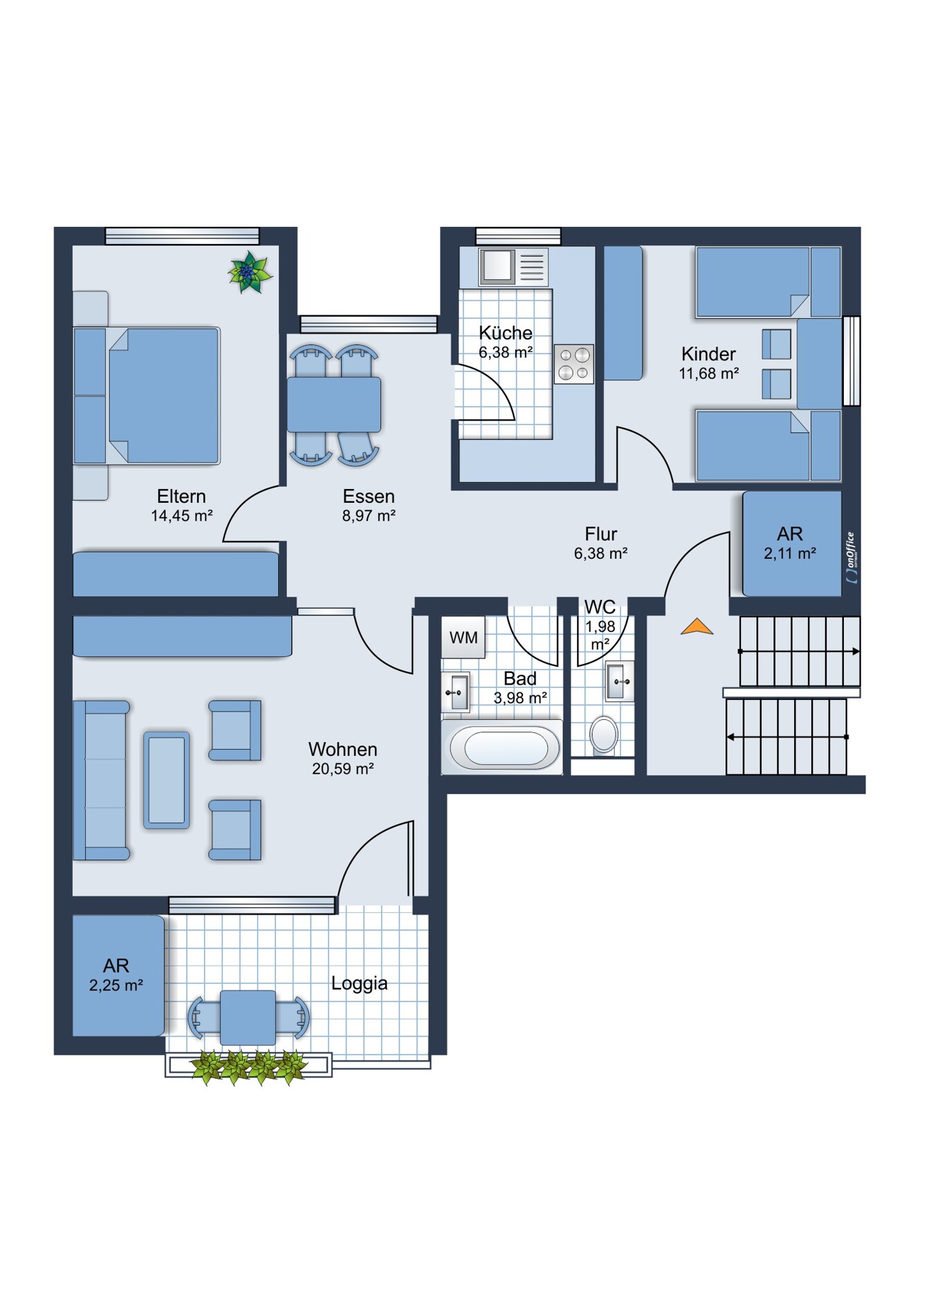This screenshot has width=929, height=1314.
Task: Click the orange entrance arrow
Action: pyautogui.click(x=697, y=627)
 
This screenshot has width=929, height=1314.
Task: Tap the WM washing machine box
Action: pyautogui.click(x=463, y=637)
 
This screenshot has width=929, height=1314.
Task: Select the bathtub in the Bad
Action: pyautogui.click(x=503, y=747)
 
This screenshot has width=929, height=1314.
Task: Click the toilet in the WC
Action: pyautogui.click(x=604, y=734)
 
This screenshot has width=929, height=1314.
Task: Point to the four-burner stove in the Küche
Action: pyautogui.click(x=574, y=364)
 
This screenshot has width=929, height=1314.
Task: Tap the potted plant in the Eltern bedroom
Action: pyautogui.click(x=250, y=272)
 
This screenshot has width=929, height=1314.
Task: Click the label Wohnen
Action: pyautogui.click(x=343, y=749)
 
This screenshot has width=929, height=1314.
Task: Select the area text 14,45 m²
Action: pyautogui.click(x=181, y=515)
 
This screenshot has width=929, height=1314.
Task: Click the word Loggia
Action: pyautogui.click(x=359, y=983)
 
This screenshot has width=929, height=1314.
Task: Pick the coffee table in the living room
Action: pyautogui.click(x=167, y=780)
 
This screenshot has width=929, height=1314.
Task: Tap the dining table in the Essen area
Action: pyautogui.click(x=334, y=405)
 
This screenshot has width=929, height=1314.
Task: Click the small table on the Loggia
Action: pyautogui.click(x=248, y=1017)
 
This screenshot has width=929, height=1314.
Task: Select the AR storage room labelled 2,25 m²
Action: pyautogui.click(x=118, y=976)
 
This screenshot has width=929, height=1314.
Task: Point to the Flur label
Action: pyautogui.click(x=600, y=534)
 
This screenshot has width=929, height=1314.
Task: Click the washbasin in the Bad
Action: pyautogui.click(x=456, y=692)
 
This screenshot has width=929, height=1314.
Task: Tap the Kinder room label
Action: pyautogui.click(x=708, y=354)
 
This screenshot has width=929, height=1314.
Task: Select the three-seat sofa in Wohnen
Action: pyautogui.click(x=102, y=780)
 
